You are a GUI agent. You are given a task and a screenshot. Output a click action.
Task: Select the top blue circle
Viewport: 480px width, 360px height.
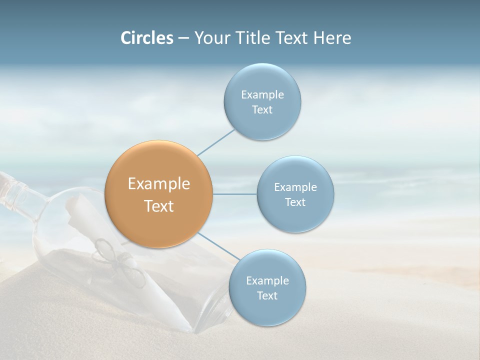pos(262,101)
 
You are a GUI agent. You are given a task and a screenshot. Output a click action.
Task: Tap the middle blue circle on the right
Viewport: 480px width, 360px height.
pos(295,194)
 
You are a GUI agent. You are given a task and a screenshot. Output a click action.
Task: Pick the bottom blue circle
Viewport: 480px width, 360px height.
pos(267,287)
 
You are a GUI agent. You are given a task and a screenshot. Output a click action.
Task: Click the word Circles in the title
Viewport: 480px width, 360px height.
pos(146,38)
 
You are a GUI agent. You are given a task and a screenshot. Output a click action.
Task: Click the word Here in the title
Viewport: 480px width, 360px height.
pos(332,38)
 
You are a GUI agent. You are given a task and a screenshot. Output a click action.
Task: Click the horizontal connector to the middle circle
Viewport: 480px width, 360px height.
pos(234,194)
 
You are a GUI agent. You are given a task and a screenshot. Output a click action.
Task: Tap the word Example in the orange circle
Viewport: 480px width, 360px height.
pos(159,184)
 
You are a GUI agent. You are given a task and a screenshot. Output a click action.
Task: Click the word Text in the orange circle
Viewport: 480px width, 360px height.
pos(159,206)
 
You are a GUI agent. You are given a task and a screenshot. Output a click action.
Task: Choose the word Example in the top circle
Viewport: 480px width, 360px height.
pos(262,94)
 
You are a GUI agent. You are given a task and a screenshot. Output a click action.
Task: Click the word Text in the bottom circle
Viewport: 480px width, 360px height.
pos(267,295)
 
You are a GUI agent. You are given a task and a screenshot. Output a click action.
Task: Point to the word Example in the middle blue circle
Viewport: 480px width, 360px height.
pos(295,187)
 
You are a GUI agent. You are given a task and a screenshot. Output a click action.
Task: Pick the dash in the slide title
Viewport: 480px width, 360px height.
pos(183,38)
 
